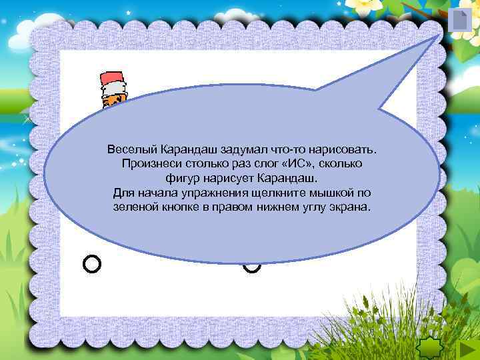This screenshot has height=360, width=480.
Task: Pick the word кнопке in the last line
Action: [x=180, y=208]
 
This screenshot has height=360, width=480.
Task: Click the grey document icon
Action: [x=459, y=20]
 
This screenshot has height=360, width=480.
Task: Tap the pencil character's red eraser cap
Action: [x=110, y=77]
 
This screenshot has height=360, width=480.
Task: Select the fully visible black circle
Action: [x=92, y=264]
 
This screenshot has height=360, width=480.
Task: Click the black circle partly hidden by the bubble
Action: [x=252, y=267]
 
